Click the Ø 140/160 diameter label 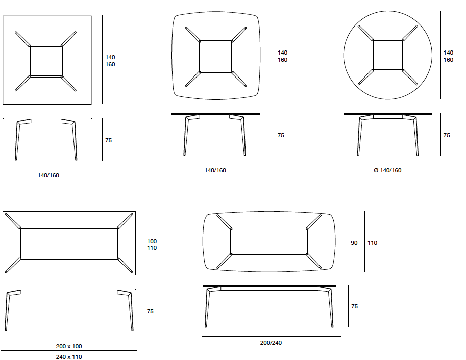point(387,170)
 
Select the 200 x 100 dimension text point(69,346)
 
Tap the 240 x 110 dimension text point(69,357)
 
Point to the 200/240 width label point(271,343)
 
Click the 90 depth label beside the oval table point(354,243)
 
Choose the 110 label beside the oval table point(372,243)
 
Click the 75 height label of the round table point(447,135)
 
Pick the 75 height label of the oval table point(354,306)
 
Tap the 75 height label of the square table point(109,140)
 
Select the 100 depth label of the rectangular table point(152,241)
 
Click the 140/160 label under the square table point(48,175)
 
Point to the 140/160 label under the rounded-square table point(215,170)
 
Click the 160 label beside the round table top point(448,60)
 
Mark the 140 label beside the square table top point(110,57)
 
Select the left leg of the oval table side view point(207,307)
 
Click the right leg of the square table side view point(75,141)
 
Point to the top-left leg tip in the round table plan point(359,26)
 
